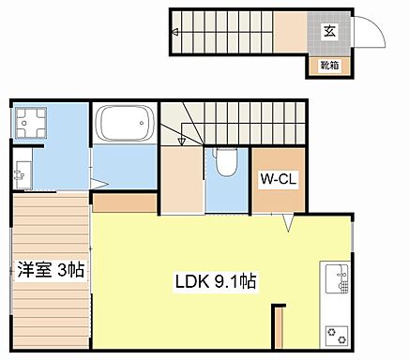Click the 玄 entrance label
[x=331, y=30]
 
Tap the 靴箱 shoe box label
[x=329, y=65]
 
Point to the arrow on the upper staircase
[x=176, y=31]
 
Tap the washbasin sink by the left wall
[x=23, y=172]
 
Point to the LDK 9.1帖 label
[x=217, y=280]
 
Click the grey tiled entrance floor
[x=330, y=39]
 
